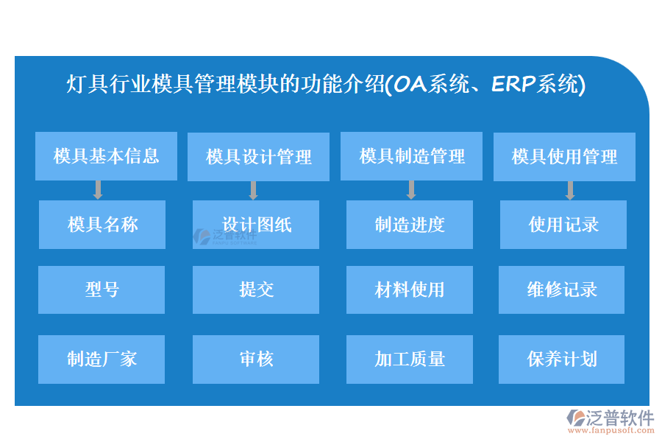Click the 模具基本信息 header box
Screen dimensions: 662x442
[x=106, y=156]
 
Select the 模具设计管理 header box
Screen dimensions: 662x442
[x=258, y=157]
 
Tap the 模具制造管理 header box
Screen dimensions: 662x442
[x=411, y=156]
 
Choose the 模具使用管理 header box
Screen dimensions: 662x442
[x=564, y=157]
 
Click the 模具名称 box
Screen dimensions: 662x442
[x=102, y=225]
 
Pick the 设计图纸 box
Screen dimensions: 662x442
[x=256, y=225]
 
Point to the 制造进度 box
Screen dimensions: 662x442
[x=410, y=225]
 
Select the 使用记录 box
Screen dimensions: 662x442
[x=563, y=225]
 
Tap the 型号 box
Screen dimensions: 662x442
[x=102, y=290]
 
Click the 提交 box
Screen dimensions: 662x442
[x=256, y=290]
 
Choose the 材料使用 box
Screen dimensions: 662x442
[x=410, y=290]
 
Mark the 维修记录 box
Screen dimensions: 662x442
[x=561, y=290]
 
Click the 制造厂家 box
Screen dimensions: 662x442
[x=102, y=359]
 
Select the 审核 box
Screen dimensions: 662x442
[x=256, y=359]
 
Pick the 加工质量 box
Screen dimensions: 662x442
[x=410, y=359]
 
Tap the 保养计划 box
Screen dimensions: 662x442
[x=561, y=359]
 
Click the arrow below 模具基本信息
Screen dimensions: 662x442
[x=98, y=190]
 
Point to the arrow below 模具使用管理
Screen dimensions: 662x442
[x=570, y=190]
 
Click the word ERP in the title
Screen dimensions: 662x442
[x=514, y=84]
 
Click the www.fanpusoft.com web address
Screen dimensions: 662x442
[x=611, y=430]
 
